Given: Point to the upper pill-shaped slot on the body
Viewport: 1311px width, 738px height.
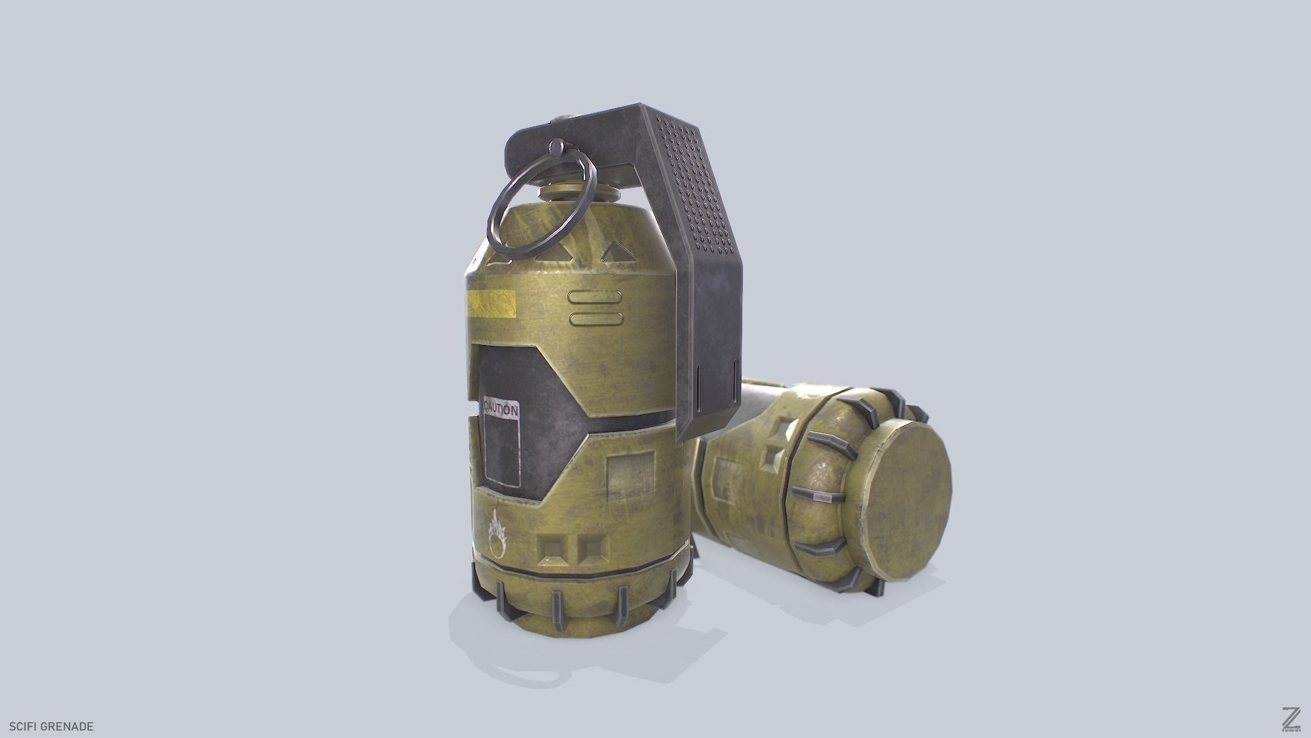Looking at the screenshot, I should pyautogui.click(x=595, y=298).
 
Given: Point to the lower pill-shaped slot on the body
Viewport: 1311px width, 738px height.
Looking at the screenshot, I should pyautogui.click(x=595, y=318).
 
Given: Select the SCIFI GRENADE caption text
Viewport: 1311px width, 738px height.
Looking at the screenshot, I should pyautogui.click(x=47, y=726).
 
